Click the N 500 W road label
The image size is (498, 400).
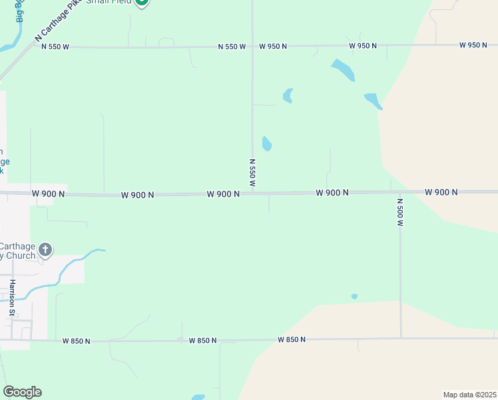click(x=401, y=212)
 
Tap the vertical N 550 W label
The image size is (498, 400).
click(x=252, y=172)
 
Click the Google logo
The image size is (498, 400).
click(x=22, y=392)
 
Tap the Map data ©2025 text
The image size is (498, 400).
click(x=469, y=395)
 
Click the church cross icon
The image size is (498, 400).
click(x=45, y=250)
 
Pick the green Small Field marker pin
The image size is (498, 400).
click(x=141, y=3)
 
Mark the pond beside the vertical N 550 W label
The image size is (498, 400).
click(x=267, y=143)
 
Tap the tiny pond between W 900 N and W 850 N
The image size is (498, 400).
click(x=354, y=297)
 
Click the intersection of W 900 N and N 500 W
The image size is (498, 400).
click(x=400, y=192)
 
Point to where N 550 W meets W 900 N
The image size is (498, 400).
click(x=252, y=193)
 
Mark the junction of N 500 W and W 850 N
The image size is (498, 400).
click(x=401, y=338)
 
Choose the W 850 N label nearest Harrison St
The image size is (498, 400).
click(x=76, y=341)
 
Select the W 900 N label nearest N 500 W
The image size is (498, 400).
click(x=441, y=192)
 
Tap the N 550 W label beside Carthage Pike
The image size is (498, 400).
click(x=55, y=47)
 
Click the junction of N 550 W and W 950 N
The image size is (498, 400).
click(x=252, y=46)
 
